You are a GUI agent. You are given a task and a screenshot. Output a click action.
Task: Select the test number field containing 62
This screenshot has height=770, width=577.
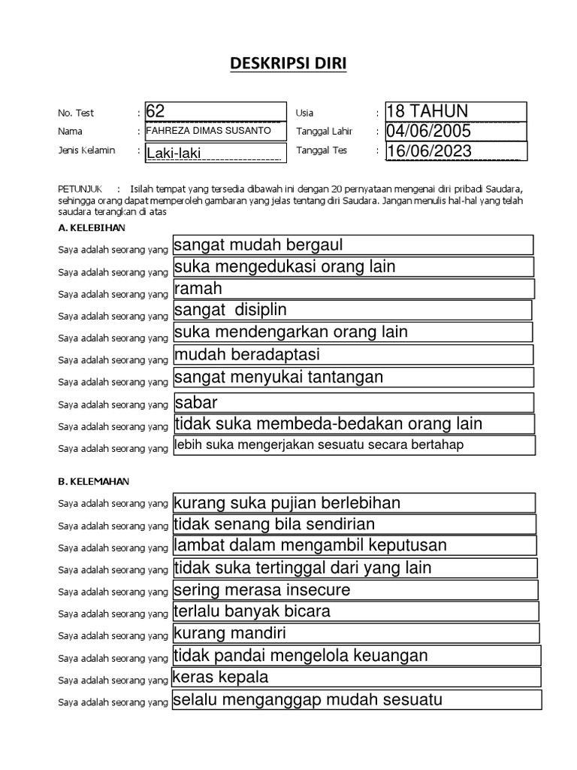click(x=216, y=111)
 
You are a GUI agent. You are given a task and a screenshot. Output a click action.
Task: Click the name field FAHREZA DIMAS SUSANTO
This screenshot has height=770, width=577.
click(x=216, y=131)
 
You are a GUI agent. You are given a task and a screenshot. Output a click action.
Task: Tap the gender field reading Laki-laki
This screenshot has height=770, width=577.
click(x=216, y=153)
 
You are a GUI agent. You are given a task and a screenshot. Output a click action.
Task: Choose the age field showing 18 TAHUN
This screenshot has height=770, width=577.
click(x=455, y=111)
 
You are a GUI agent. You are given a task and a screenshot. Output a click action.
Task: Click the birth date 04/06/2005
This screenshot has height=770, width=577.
click(x=455, y=132)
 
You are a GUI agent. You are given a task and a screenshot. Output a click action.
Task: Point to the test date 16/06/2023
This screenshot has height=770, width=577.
click(x=455, y=151)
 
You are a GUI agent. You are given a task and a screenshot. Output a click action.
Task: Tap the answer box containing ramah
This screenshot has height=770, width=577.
click(x=353, y=289)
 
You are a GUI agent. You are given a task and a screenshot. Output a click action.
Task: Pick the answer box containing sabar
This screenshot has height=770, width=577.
click(x=353, y=402)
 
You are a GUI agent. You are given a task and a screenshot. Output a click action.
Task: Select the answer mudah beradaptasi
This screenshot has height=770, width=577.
click(x=352, y=354)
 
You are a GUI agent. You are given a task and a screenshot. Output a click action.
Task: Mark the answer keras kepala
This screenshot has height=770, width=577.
click(x=355, y=678)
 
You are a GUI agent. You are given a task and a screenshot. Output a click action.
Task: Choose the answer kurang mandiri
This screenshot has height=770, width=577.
click(x=355, y=632)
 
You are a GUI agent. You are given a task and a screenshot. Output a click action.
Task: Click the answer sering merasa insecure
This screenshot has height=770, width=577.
click(x=355, y=590)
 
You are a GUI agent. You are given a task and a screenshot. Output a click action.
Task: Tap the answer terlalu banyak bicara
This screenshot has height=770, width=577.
click(x=355, y=611)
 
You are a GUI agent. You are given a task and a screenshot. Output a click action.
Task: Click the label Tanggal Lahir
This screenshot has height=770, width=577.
click(x=324, y=132)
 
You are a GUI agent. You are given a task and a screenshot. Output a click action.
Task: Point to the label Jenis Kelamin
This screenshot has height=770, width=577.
click(x=86, y=150)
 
